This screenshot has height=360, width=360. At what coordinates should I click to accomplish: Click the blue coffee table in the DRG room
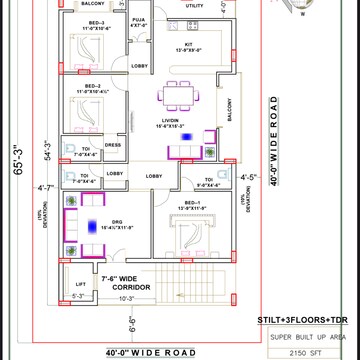pos(91,227)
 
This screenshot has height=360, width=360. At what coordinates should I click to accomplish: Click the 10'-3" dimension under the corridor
pos(125,298)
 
